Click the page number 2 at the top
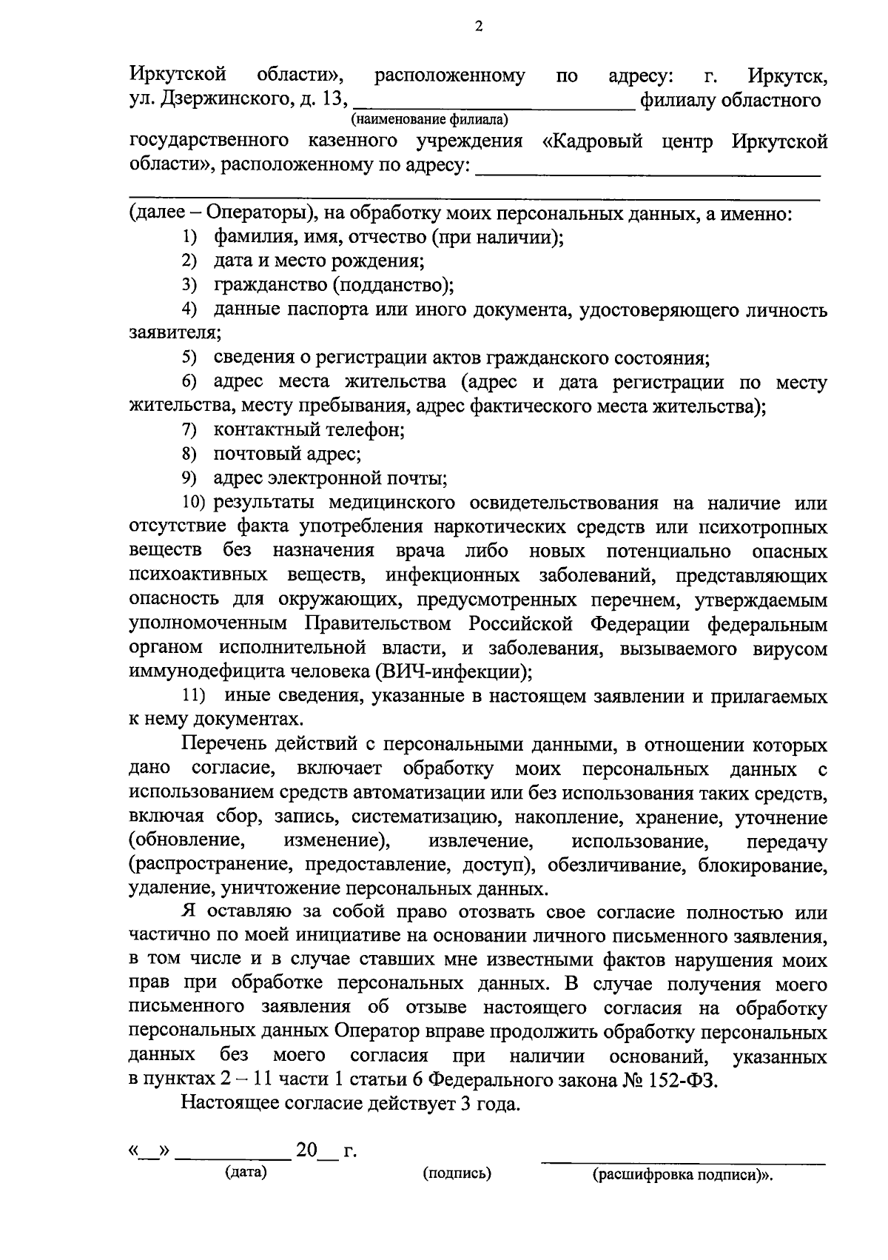pyautogui.click(x=478, y=27)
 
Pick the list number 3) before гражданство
pyautogui.click(x=190, y=285)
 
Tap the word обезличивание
pyautogui.click(x=619, y=865)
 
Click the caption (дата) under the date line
pyautogui.click(x=246, y=1172)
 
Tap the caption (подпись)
pyautogui.click(x=457, y=1173)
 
